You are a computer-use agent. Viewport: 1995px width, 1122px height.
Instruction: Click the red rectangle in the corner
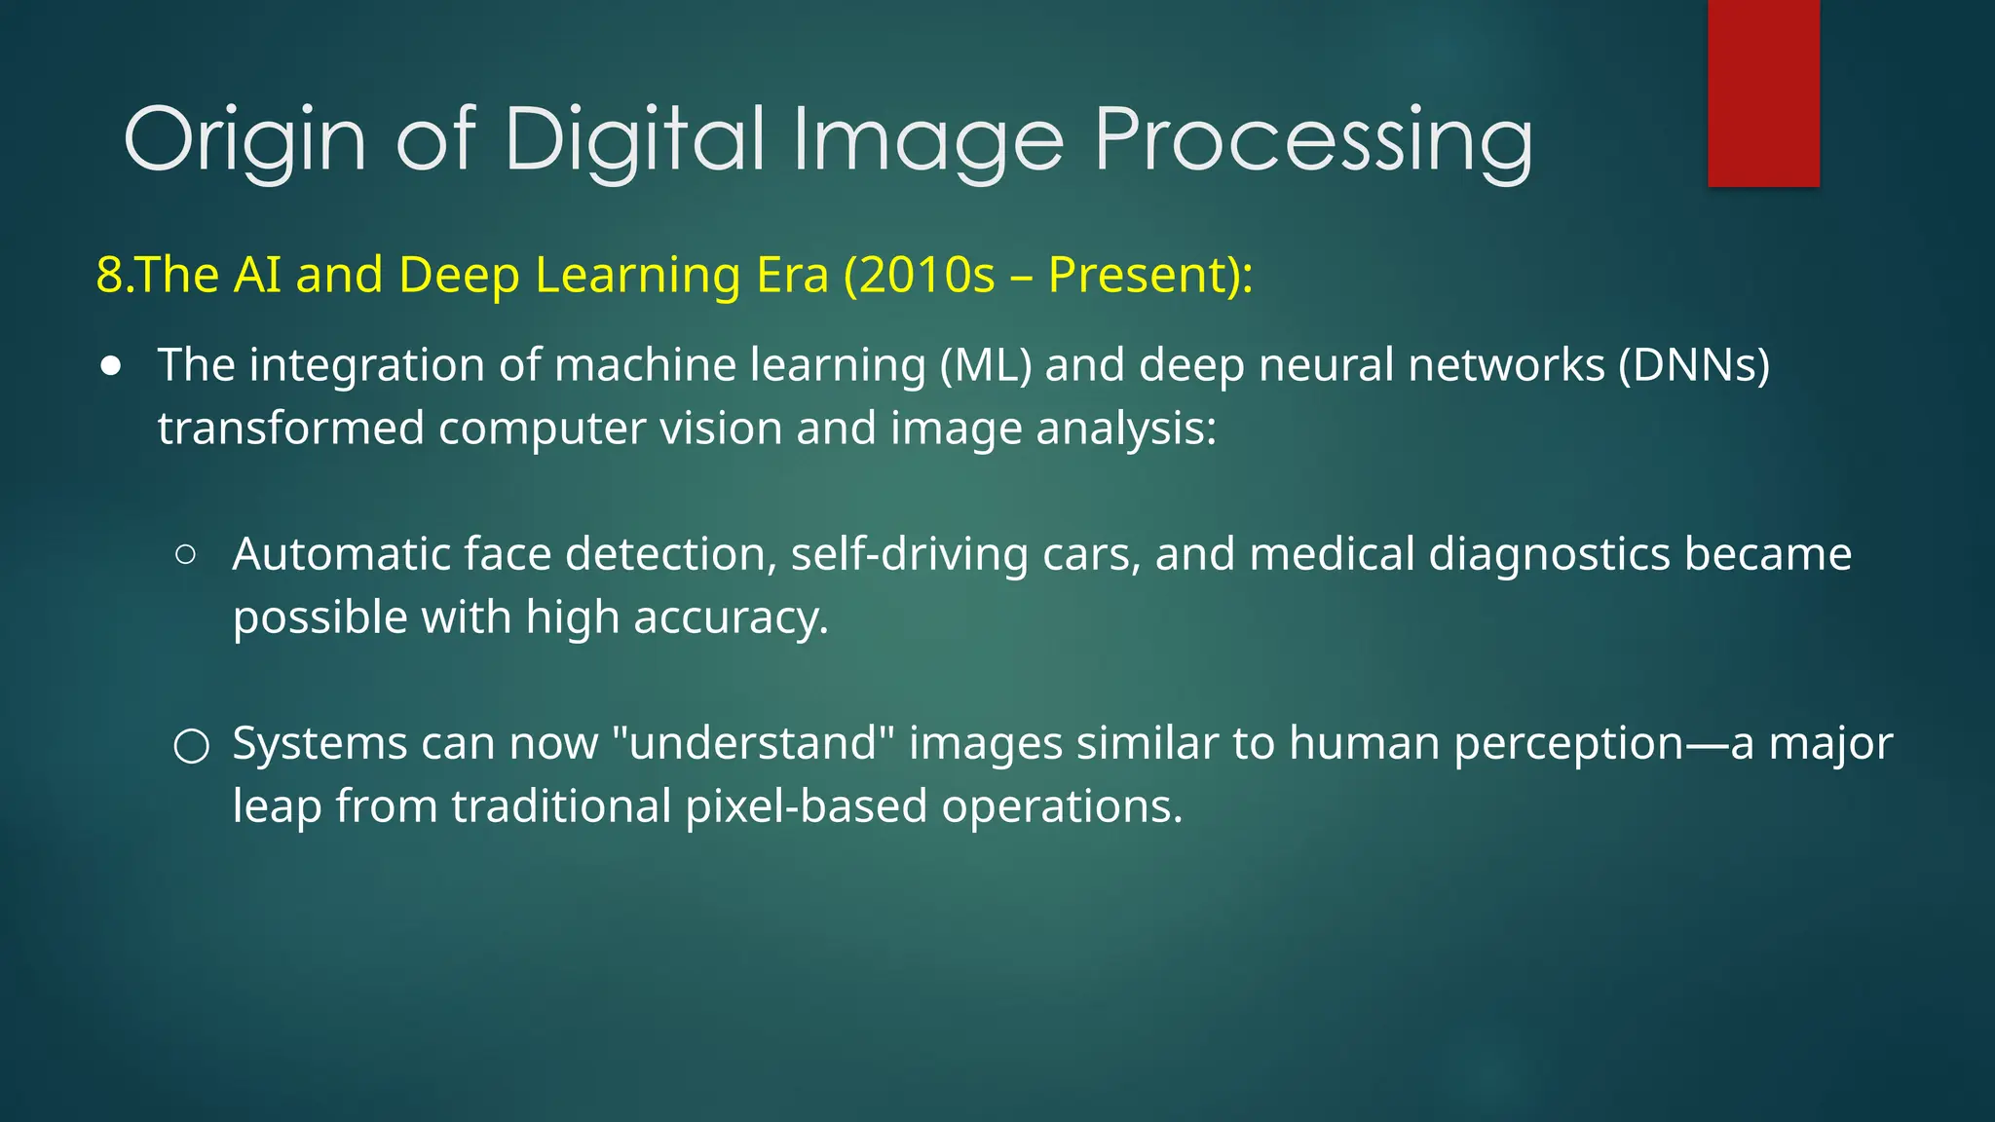coord(1763,93)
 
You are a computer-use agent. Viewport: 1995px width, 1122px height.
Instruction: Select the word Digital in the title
coord(634,139)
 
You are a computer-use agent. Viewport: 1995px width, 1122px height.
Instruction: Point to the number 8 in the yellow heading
coord(109,275)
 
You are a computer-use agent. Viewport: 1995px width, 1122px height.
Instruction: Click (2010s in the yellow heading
coord(920,275)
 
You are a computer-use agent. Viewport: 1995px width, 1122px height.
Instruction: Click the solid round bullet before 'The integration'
coord(111,367)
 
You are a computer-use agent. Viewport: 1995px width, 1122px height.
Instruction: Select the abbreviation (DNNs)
coord(1694,366)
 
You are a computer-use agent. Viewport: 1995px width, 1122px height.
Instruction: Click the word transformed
coord(291,429)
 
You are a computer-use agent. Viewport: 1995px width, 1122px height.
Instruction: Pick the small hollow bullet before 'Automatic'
coord(186,555)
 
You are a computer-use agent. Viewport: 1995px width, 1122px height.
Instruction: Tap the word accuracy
coord(731,618)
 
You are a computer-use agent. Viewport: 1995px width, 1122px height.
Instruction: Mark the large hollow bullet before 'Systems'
coord(191,746)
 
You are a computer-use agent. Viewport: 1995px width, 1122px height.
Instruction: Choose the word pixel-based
coord(806,806)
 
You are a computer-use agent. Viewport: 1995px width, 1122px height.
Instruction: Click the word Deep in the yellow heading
coord(459,276)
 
